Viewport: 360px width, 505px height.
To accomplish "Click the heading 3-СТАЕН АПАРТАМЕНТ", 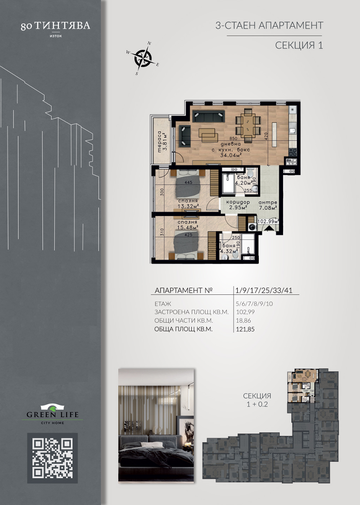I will (x=270, y=26).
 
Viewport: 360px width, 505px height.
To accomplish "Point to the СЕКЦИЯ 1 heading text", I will (x=299, y=45).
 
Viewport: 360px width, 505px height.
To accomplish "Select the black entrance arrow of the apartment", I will (x=269, y=228).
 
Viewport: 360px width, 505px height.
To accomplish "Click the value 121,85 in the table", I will (x=245, y=329).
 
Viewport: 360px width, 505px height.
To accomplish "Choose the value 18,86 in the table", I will (x=243, y=320).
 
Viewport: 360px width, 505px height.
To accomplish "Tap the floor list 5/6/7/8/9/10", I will (x=255, y=304).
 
